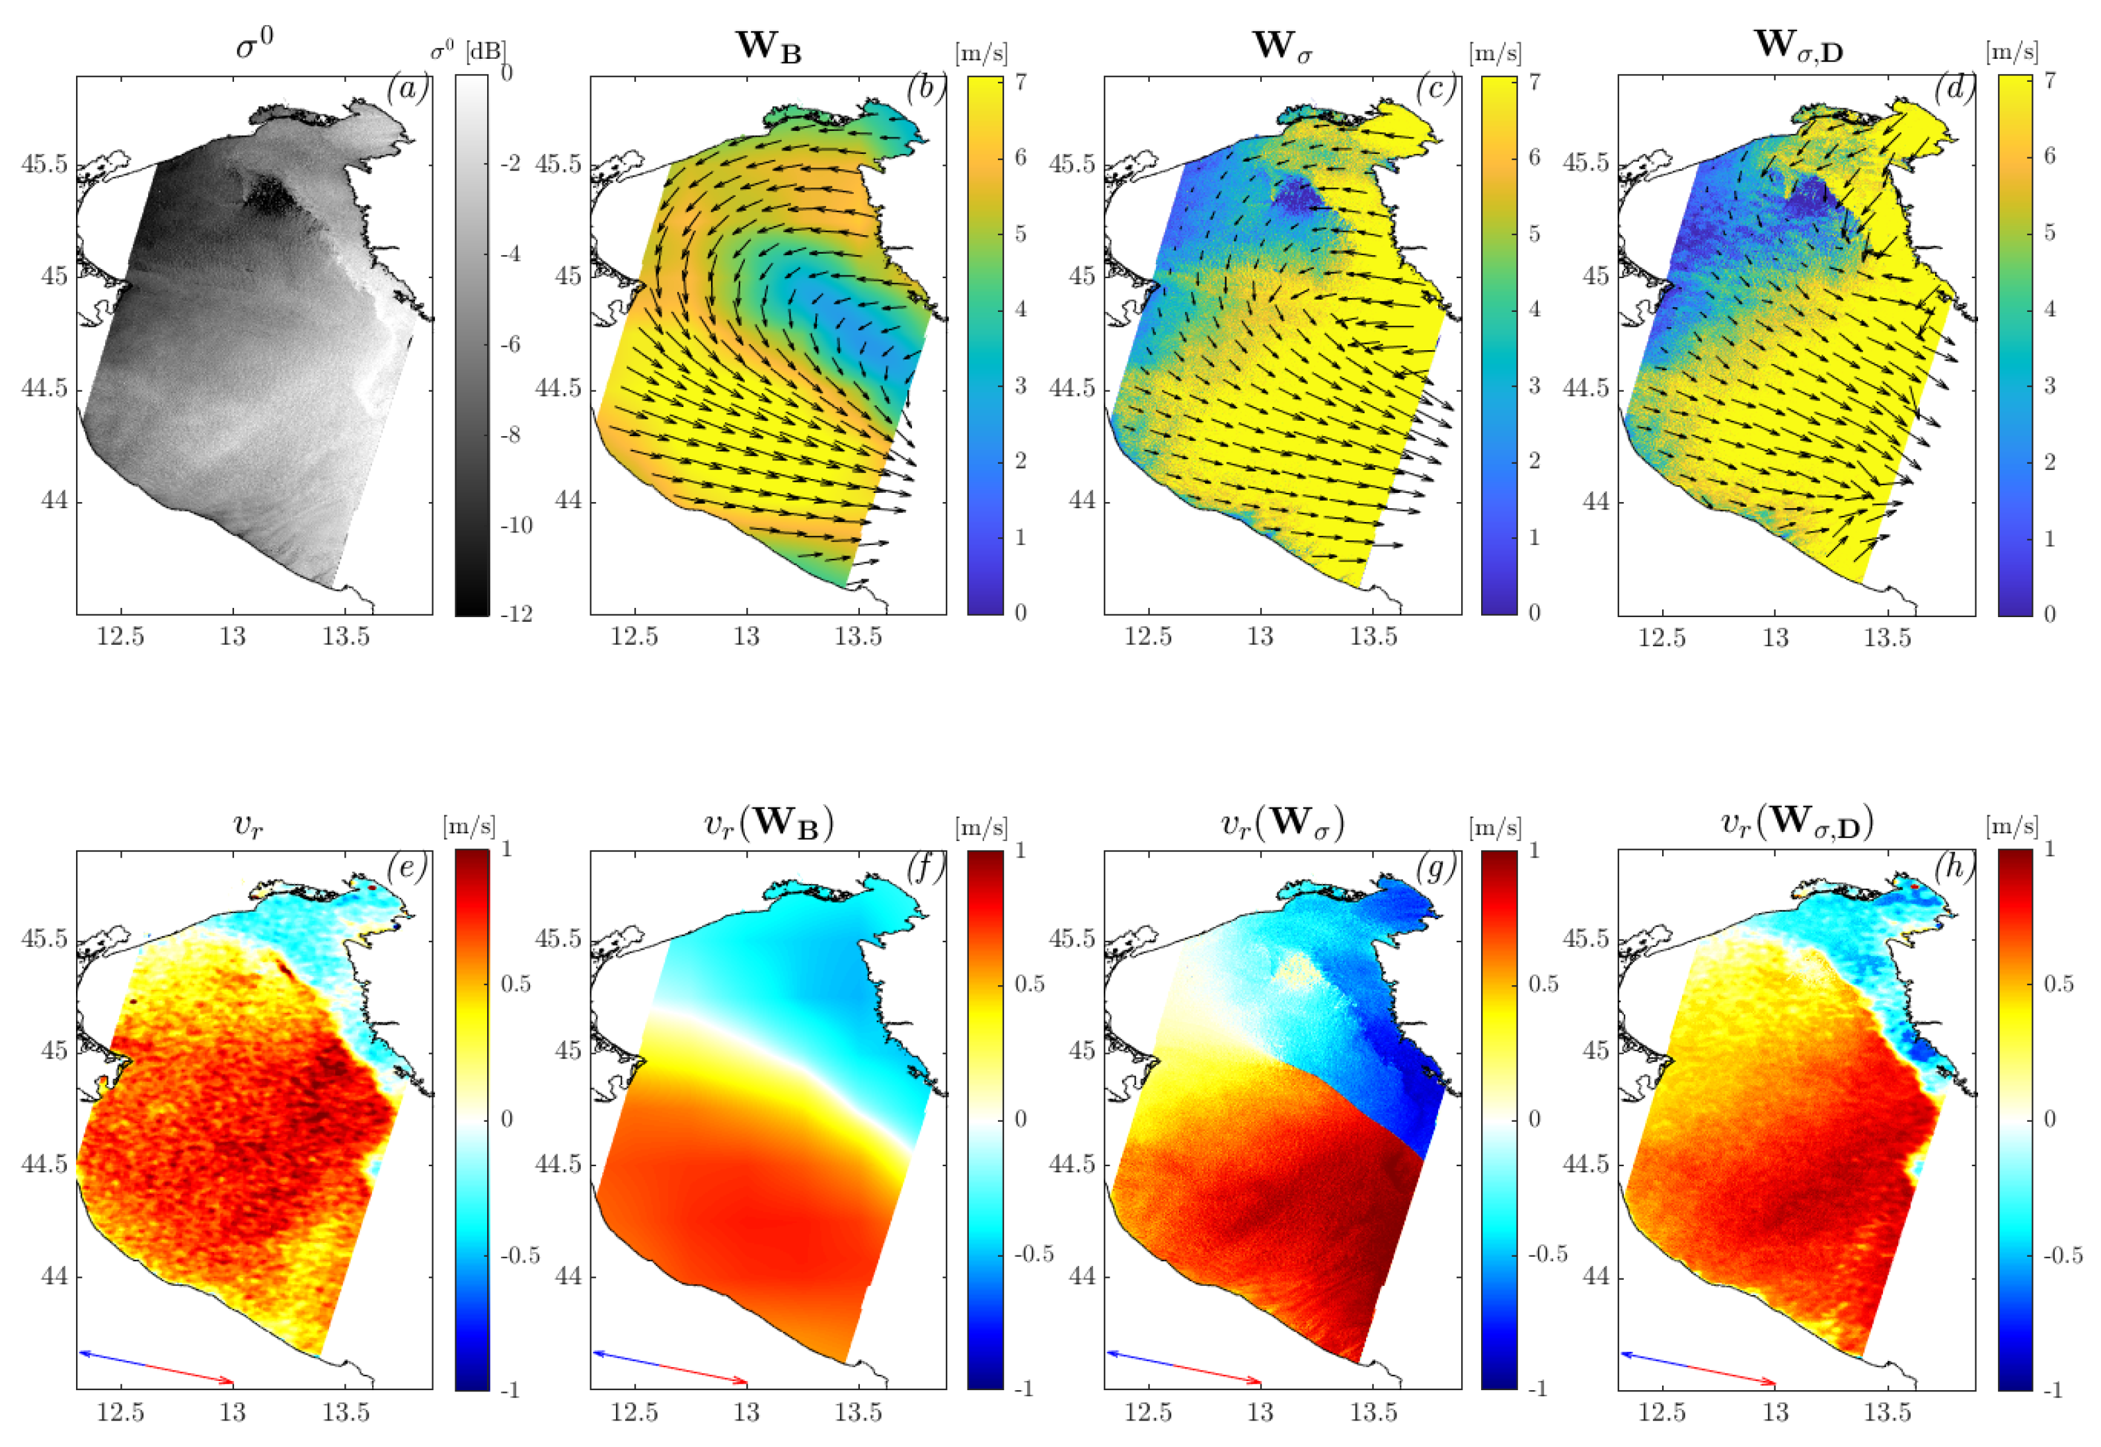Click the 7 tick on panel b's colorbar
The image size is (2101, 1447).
coord(1020,81)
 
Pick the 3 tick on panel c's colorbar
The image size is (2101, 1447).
coord(1533,385)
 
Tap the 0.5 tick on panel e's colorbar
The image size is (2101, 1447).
coord(516,984)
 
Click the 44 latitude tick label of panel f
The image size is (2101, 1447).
coord(568,1277)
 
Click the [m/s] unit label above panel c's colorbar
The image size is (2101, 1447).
coord(1494,54)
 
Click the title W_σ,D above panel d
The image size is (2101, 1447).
coord(1797,47)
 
